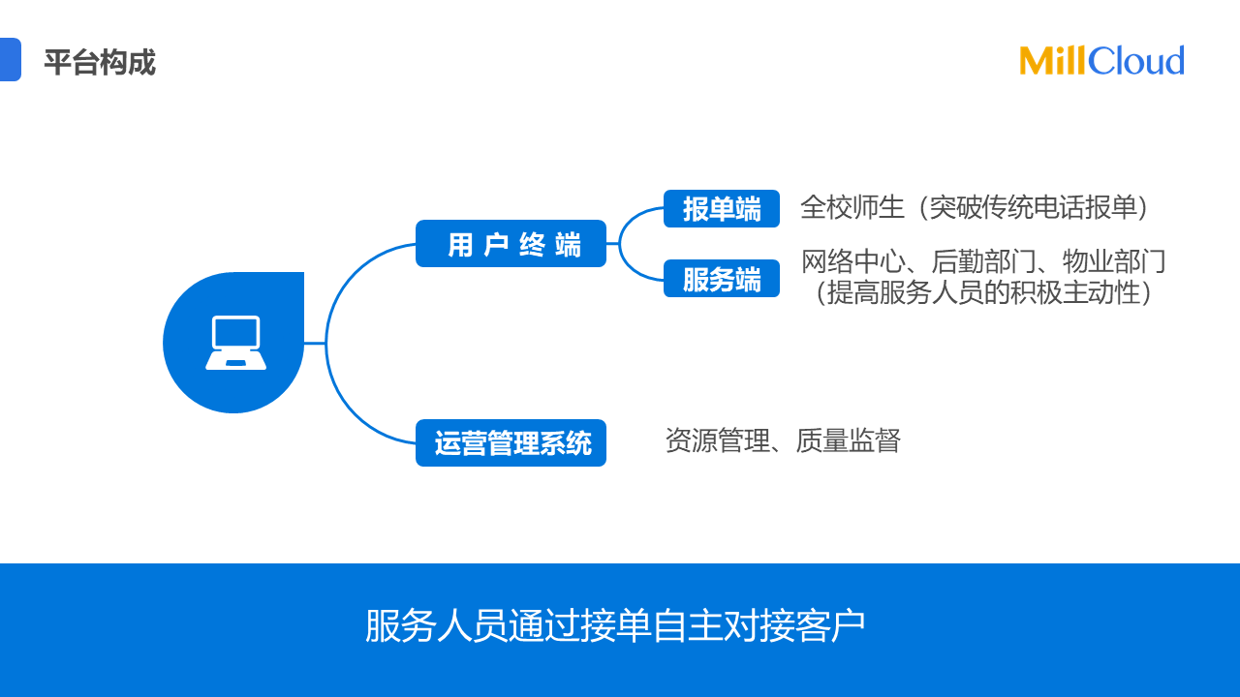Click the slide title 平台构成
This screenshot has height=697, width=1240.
pyautogui.click(x=99, y=64)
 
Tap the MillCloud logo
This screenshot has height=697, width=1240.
pyautogui.click(x=1101, y=61)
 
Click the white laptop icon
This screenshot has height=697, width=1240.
pyautogui.click(x=235, y=343)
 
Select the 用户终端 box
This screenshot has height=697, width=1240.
pyautogui.click(x=511, y=244)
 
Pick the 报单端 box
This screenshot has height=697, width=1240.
pyautogui.click(x=722, y=209)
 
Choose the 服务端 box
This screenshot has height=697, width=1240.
pyautogui.click(x=722, y=279)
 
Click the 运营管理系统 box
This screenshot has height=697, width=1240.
pyautogui.click(x=511, y=443)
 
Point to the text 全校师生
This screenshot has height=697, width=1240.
pyautogui.click(x=852, y=207)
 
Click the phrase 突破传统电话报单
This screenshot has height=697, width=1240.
pyautogui.click(x=1033, y=207)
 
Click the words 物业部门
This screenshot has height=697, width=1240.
pyautogui.click(x=1114, y=261)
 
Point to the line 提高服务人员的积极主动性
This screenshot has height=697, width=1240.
pyautogui.click(x=983, y=292)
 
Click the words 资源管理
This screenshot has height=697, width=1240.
pyautogui.click(x=717, y=440)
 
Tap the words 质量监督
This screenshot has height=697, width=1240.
pyautogui.click(x=849, y=440)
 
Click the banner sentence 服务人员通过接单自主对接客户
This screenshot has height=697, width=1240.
pyautogui.click(x=615, y=626)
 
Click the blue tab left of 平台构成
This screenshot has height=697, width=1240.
pyautogui.click(x=9, y=59)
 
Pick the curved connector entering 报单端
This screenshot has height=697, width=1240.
pyautogui.click(x=635, y=215)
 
